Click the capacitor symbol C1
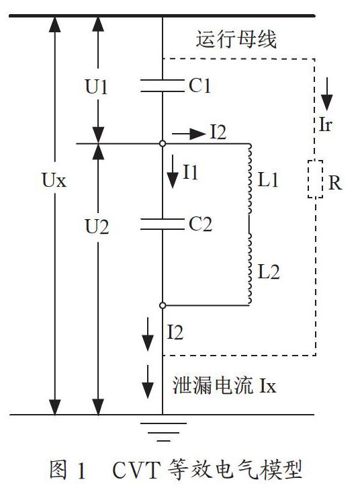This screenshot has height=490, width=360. pos(163,85)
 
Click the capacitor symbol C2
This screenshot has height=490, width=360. pos(163,224)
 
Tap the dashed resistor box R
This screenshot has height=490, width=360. pos(315,179)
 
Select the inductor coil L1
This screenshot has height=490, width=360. pos(249,179)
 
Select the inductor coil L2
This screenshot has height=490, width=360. pos(249,269)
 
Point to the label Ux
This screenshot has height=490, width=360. pos(54,180)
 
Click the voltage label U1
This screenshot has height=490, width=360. pos(97,87)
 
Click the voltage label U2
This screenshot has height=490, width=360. pos(97,227)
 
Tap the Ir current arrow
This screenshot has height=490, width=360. pos(327,94)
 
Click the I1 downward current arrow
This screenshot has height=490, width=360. pos(173,171)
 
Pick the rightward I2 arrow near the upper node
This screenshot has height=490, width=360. pos(189,134)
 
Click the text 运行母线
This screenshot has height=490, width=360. pos(236,40)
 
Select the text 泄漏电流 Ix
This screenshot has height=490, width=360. pos(224,385)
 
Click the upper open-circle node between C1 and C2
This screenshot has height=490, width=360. pos(163,143)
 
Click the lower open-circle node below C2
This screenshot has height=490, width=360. pos(163,305)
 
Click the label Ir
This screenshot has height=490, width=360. pos(325,124)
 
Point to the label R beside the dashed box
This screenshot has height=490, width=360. pos(335,182)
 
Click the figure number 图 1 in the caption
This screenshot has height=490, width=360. pos(67,470)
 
